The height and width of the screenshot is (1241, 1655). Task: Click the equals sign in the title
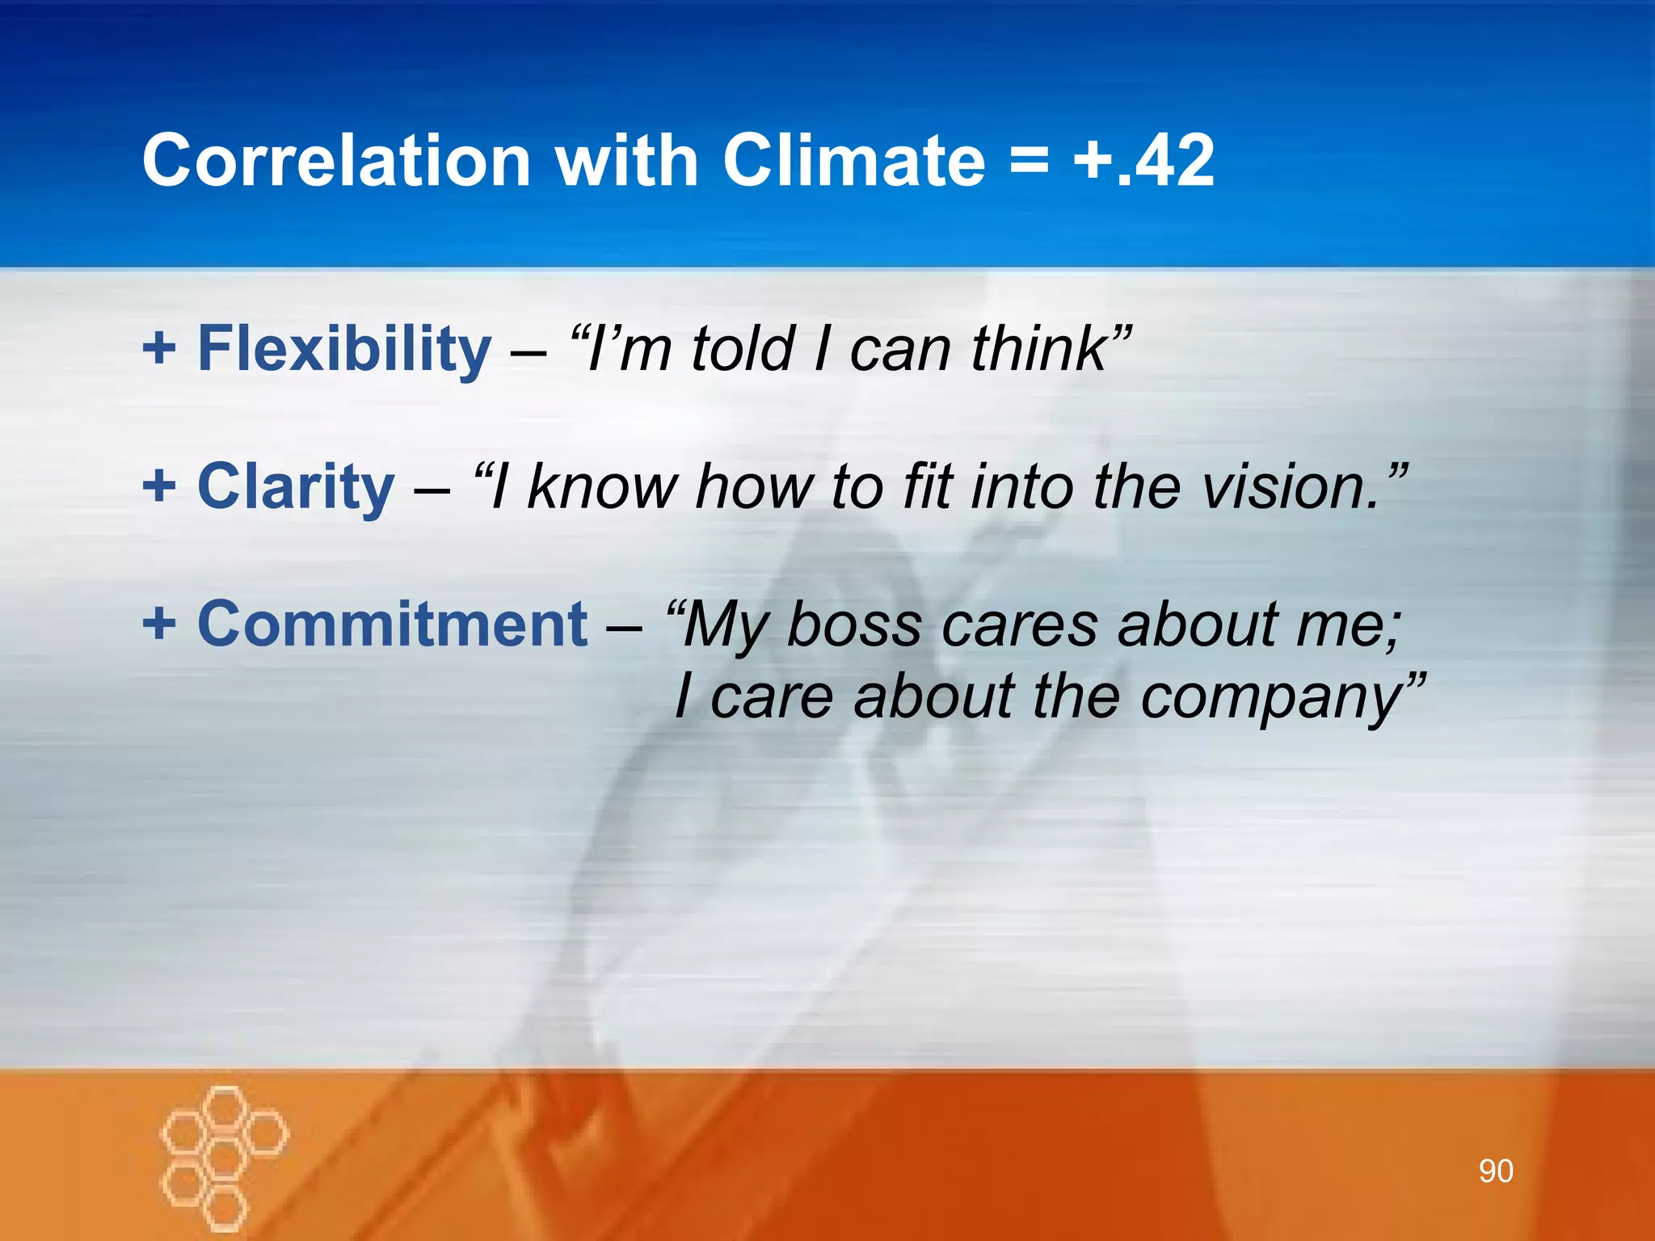click(x=1029, y=162)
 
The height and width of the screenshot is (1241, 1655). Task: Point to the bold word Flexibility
click(x=344, y=349)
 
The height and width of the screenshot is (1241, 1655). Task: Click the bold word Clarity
click(x=296, y=486)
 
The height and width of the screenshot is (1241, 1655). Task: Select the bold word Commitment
click(x=393, y=624)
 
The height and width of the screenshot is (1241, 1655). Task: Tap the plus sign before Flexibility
click(x=159, y=349)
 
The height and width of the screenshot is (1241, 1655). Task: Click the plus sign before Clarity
click(x=159, y=486)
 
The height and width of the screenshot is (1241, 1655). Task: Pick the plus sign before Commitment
click(x=159, y=624)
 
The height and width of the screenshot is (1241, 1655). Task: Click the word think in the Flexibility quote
click(x=1038, y=349)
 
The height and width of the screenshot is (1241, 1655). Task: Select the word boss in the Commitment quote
click(x=854, y=625)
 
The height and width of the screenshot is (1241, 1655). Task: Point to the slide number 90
click(x=1496, y=1171)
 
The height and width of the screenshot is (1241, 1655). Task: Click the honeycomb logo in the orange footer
click(x=223, y=1156)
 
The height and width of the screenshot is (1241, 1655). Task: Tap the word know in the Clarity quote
click(x=602, y=486)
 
